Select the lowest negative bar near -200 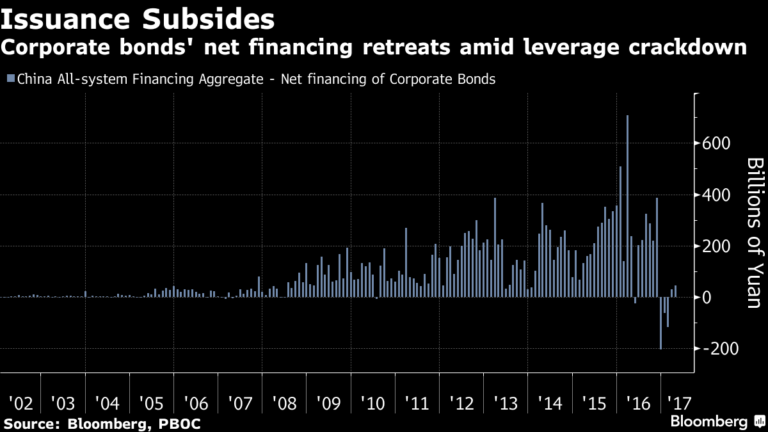click(x=660, y=323)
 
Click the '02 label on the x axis click(x=20, y=404)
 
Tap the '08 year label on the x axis click(x=284, y=404)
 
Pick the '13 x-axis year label click(x=506, y=404)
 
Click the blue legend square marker click(x=10, y=79)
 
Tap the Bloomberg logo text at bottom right click(x=709, y=422)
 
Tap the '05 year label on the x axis click(x=150, y=404)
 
